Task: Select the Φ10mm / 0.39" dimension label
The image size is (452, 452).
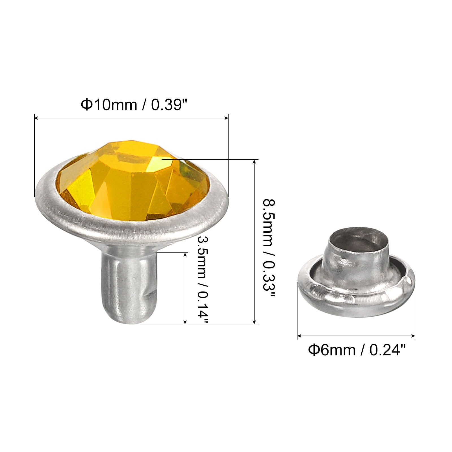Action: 134,105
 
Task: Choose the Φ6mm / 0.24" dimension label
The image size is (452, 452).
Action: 357,350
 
